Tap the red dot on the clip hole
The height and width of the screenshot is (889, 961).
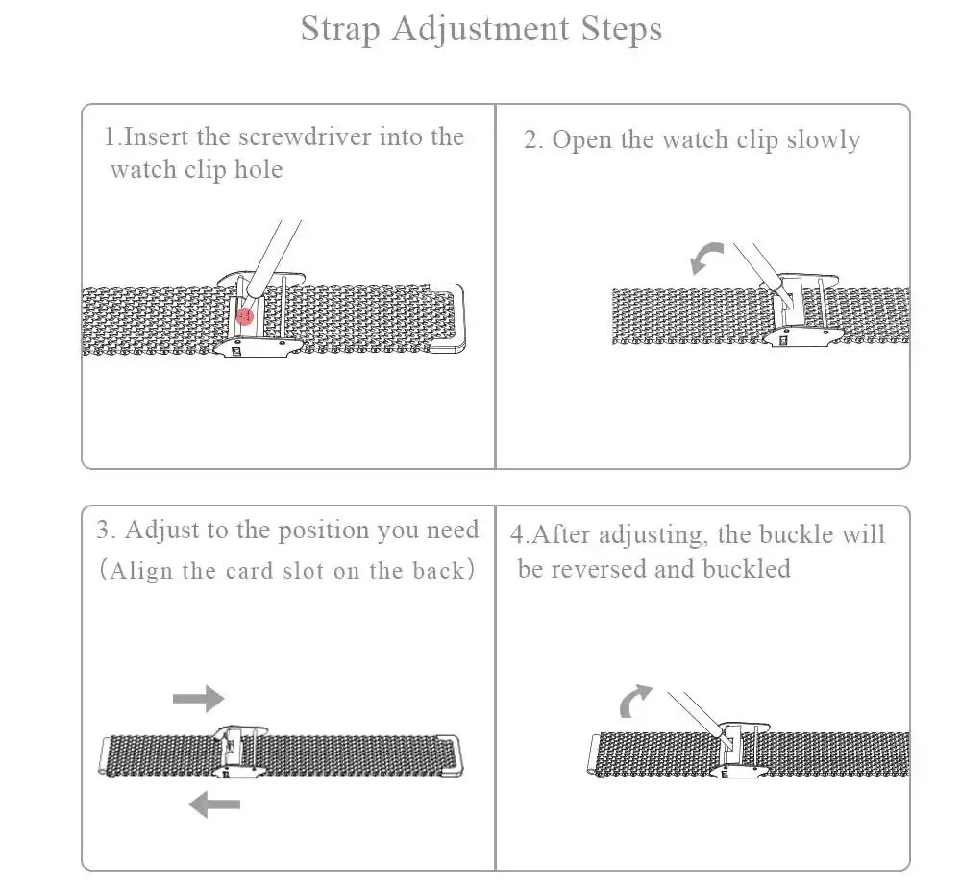point(245,314)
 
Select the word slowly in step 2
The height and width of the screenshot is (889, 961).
point(823,139)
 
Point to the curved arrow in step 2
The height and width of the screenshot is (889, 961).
point(706,257)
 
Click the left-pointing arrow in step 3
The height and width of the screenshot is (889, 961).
point(213,803)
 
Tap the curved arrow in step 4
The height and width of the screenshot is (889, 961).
point(634,702)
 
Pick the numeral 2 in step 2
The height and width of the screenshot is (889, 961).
point(530,140)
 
